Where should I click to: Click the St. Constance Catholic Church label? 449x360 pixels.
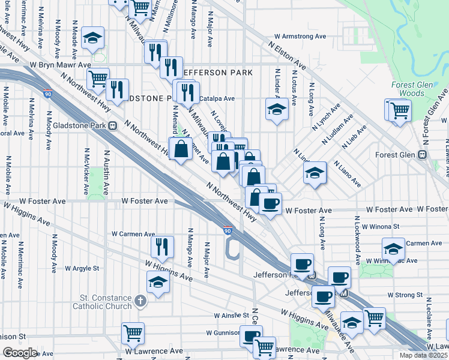click(106, 302)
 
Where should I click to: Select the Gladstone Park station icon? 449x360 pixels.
click(112, 126)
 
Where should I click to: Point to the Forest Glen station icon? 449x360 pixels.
click(422, 154)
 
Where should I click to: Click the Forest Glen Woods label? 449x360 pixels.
click(411, 89)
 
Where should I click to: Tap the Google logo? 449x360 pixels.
click(20, 352)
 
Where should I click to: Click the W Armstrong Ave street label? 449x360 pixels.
click(301, 36)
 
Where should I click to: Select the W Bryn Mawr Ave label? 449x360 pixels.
click(60, 65)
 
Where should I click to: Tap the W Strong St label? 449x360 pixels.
click(405, 295)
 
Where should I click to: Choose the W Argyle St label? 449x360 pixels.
click(84, 268)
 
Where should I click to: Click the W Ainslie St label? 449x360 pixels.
click(231, 316)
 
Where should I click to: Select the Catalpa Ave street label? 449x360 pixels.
click(217, 98)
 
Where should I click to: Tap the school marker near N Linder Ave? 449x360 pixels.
click(276, 110)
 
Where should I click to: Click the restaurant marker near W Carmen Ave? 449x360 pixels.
click(162, 247)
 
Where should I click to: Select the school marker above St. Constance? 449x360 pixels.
click(158, 282)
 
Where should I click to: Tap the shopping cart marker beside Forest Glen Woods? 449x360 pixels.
click(399, 110)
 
